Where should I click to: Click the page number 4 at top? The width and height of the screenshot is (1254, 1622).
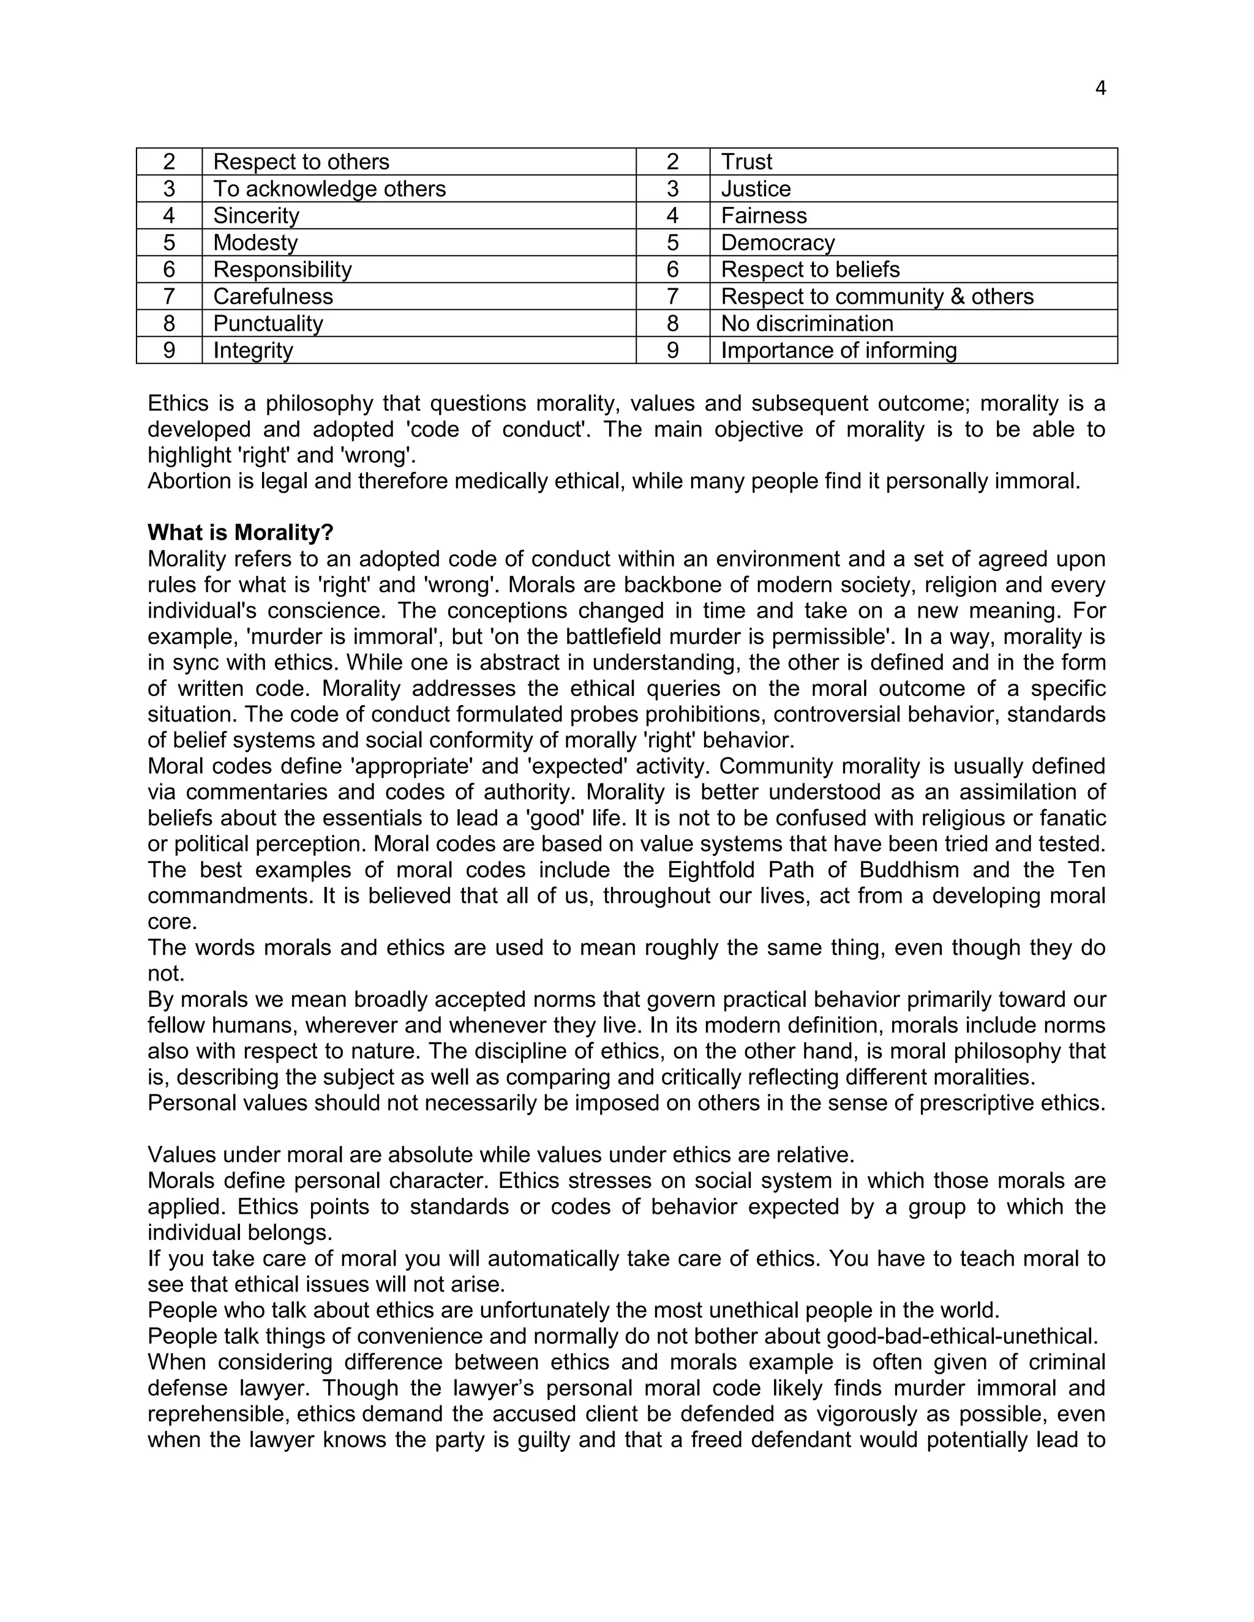(1100, 88)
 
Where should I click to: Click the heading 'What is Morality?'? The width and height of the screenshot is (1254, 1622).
(241, 533)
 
